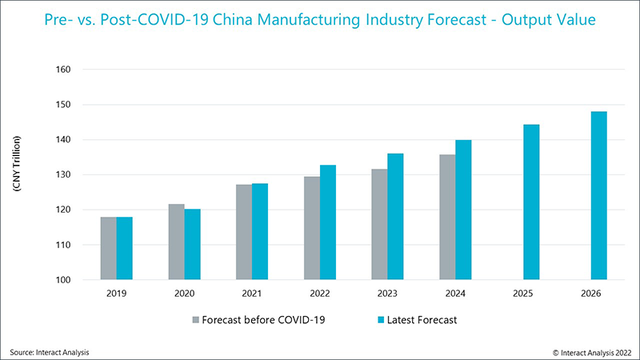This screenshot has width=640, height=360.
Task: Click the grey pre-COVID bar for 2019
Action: (108, 248)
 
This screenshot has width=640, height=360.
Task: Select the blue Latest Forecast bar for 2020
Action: (192, 244)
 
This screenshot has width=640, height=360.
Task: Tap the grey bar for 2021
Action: (244, 232)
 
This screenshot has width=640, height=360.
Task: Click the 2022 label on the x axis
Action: (320, 294)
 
